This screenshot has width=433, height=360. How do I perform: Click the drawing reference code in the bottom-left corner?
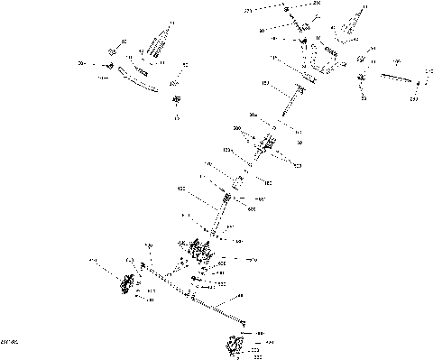(10, 341)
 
